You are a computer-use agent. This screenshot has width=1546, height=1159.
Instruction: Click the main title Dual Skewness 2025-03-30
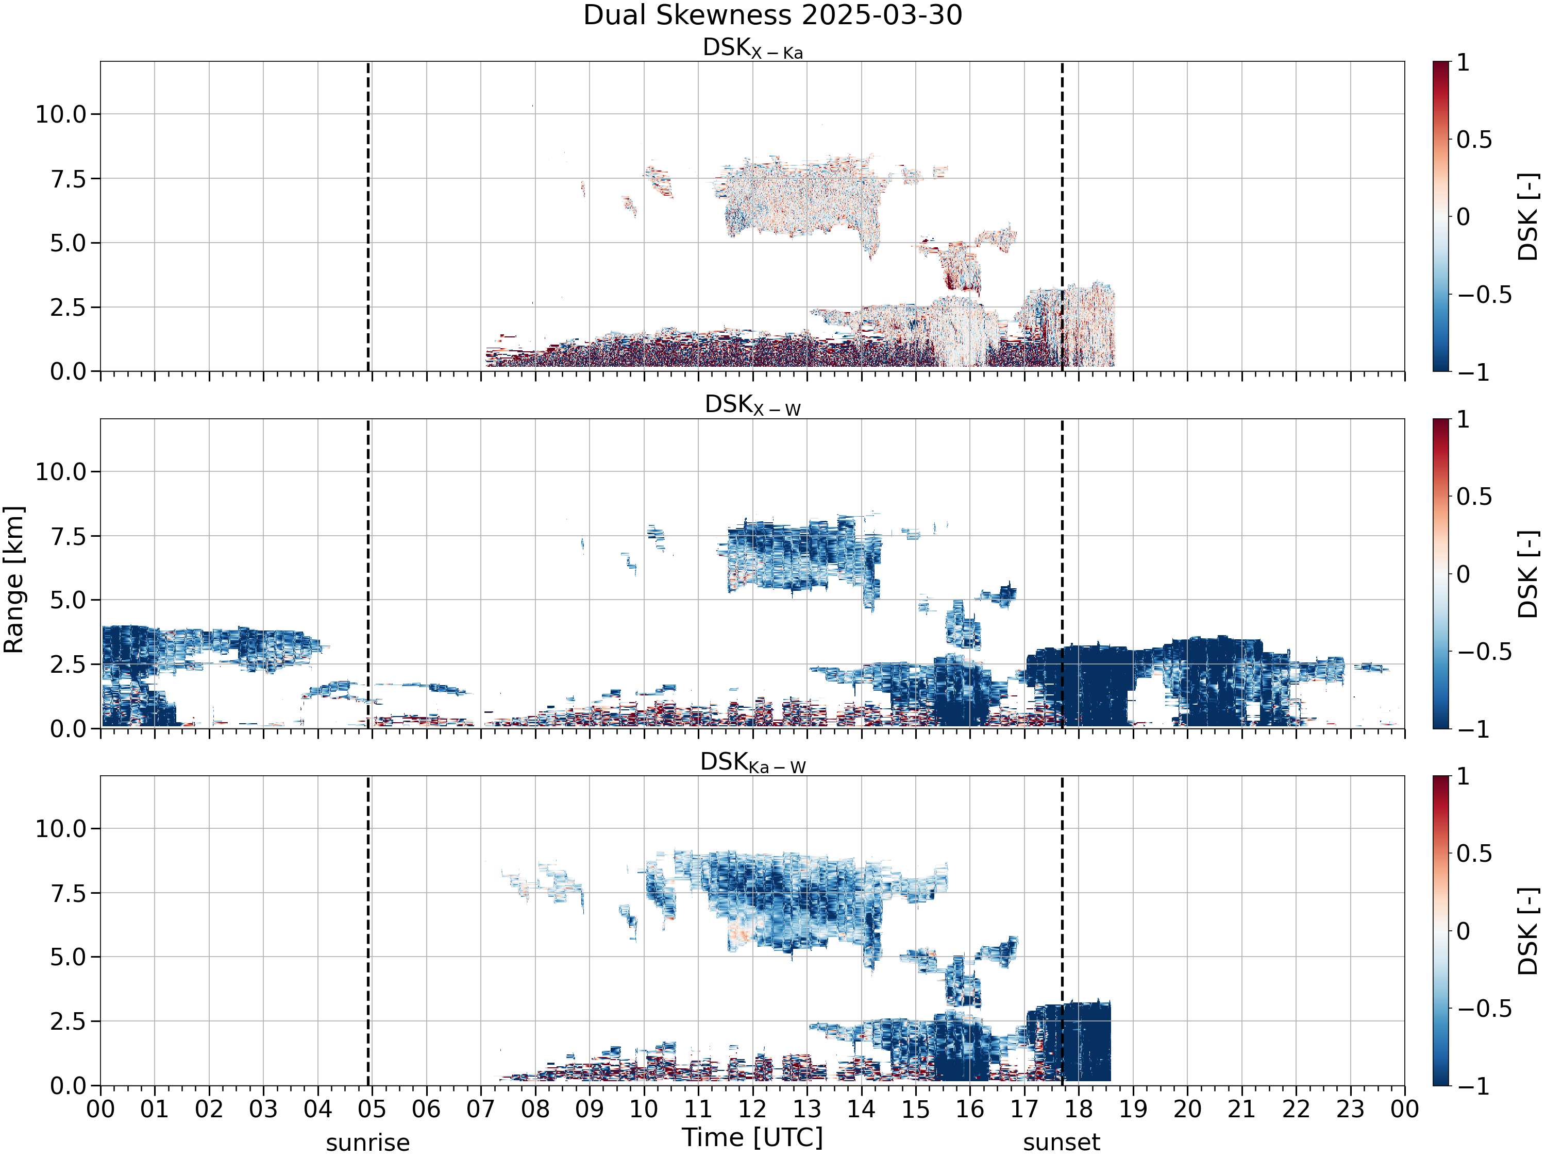[772, 15]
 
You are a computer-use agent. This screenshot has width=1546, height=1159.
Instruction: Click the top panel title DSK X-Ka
[753, 48]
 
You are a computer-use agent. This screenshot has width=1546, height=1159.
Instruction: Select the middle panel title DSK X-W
[753, 405]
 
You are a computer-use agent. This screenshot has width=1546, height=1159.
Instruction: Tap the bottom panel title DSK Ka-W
[753, 762]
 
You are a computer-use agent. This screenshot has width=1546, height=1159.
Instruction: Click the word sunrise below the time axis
[367, 1143]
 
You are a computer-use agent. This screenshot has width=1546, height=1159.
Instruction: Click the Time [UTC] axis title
[753, 1138]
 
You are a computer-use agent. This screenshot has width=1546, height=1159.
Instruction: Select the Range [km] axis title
[13, 580]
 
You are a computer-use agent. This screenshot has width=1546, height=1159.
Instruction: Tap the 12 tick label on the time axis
[753, 1110]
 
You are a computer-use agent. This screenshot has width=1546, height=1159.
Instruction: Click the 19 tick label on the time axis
[1133, 1110]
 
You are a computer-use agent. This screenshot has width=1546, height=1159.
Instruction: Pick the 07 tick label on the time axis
[481, 1110]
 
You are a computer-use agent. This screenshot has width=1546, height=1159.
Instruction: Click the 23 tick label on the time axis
[1350, 1110]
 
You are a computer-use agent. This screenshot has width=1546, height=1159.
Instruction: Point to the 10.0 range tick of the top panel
[61, 114]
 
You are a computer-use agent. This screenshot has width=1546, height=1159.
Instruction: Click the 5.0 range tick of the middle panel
[68, 600]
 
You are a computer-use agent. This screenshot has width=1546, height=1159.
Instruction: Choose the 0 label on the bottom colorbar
[1464, 931]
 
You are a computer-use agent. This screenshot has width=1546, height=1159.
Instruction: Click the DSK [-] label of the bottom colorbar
[1528, 931]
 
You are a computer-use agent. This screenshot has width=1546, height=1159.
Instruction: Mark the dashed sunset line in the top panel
[1062, 216]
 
